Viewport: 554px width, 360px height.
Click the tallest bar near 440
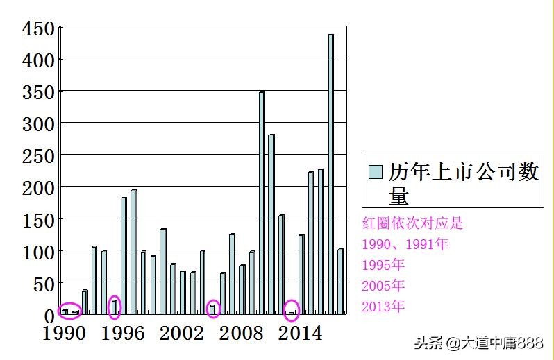(330, 173)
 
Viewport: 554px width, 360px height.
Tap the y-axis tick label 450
(38, 29)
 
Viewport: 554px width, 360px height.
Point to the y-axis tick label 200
(38, 187)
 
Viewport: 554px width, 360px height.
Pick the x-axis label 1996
(123, 334)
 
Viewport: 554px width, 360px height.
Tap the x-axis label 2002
(182, 334)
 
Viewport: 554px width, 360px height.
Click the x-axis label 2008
(240, 334)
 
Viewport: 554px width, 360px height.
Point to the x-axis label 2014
(299, 334)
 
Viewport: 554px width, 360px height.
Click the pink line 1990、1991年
(405, 244)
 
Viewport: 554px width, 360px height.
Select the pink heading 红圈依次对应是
(412, 223)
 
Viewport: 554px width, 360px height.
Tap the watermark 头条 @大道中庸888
(478, 343)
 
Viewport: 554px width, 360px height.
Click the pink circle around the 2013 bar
(292, 311)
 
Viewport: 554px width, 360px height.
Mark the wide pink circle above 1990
(70, 311)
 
